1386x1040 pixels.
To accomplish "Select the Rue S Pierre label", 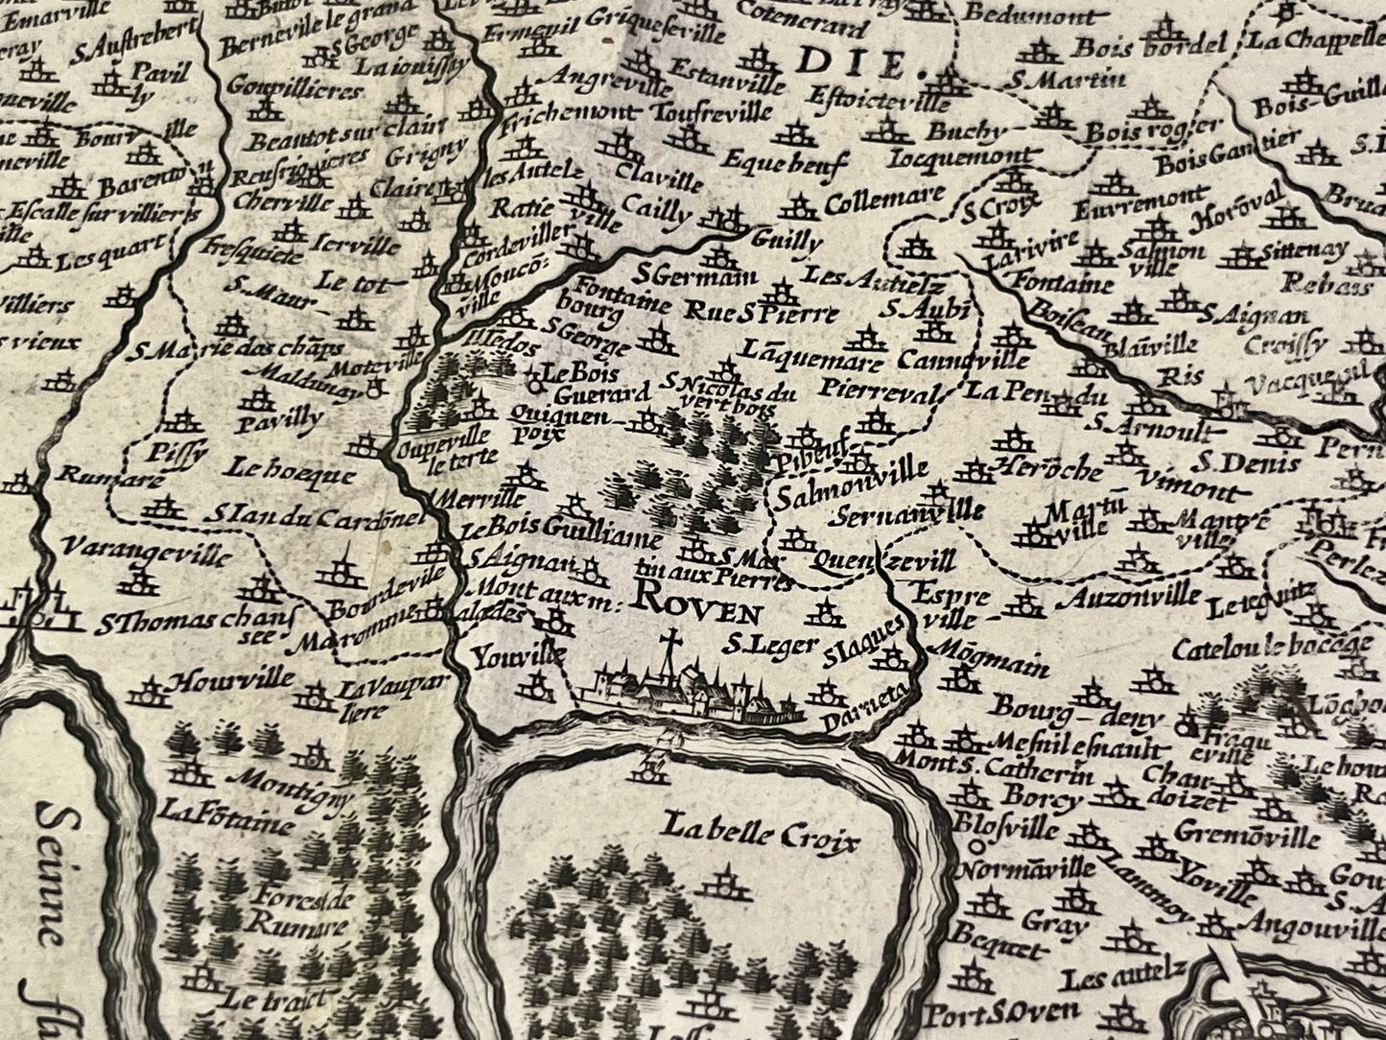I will (x=762, y=312).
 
